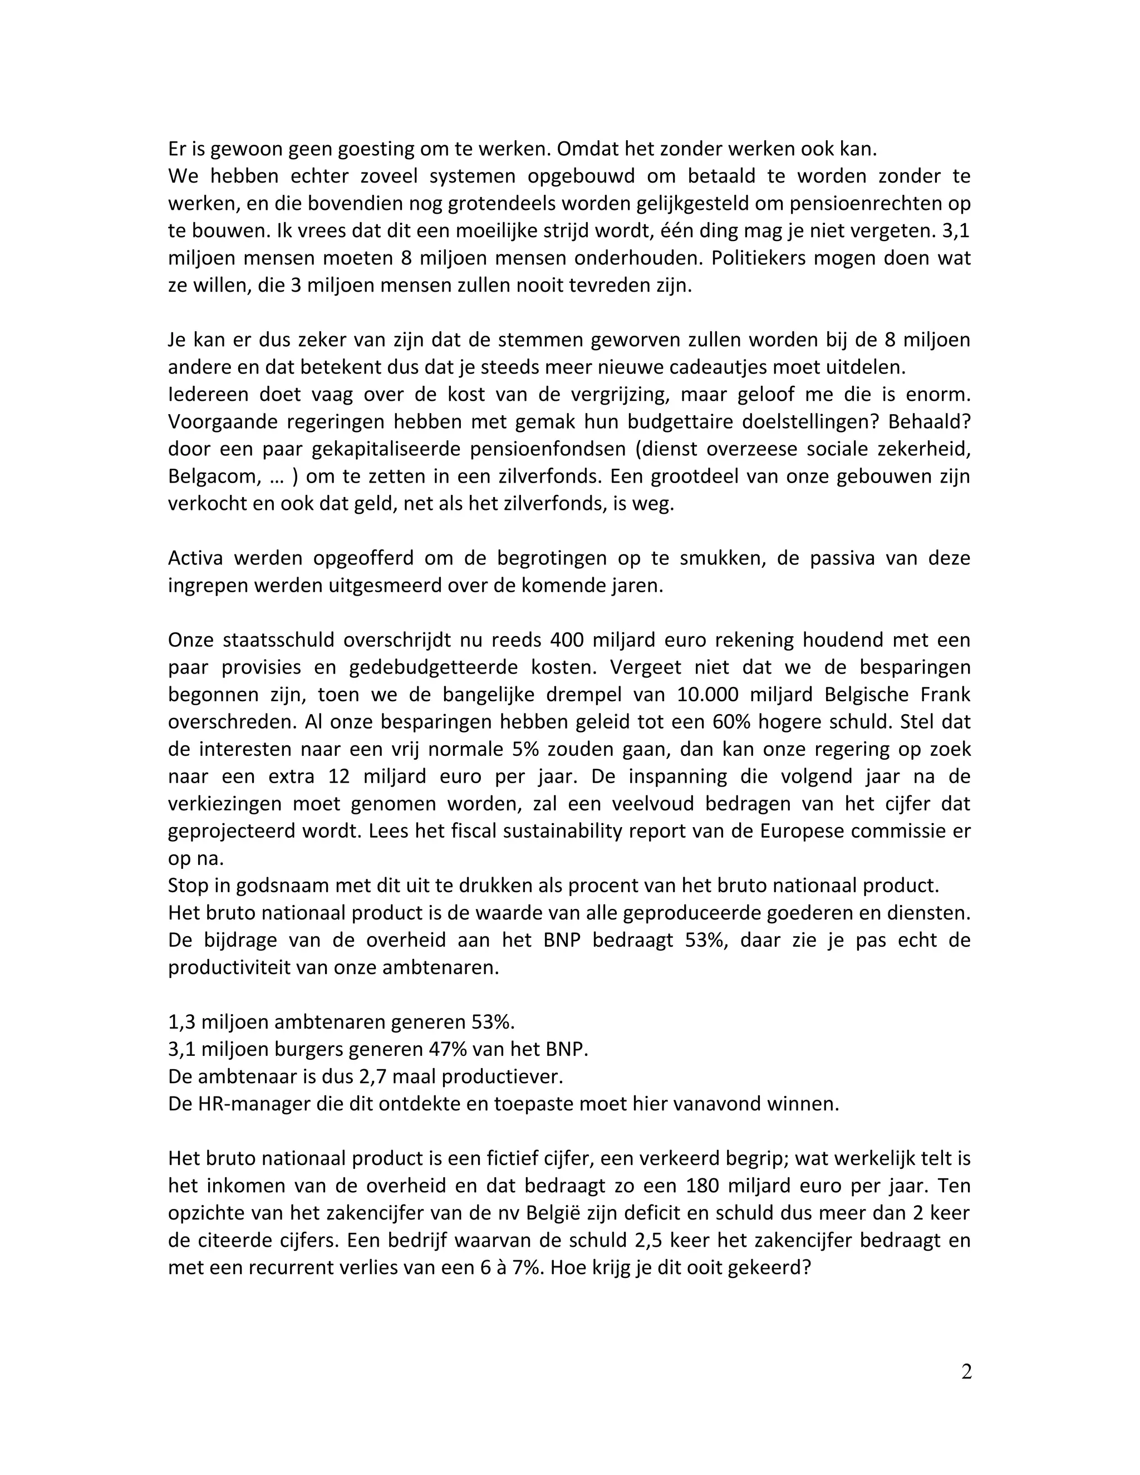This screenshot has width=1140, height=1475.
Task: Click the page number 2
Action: [x=966, y=1371]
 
